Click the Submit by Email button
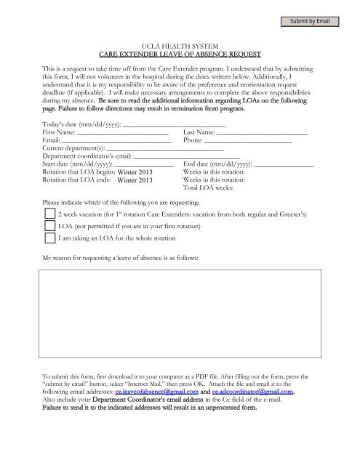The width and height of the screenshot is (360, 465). pos(311,20)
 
